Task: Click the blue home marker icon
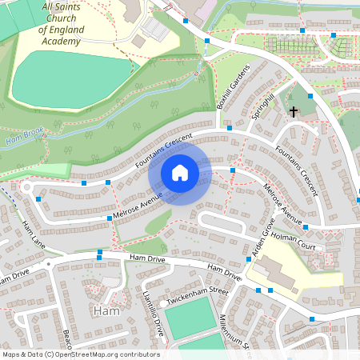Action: point(180,172)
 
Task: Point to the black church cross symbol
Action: point(294,112)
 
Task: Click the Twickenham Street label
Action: point(196,297)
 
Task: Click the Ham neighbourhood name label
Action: point(106,310)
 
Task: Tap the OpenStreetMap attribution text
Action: point(81,354)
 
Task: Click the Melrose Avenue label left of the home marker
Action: point(138,205)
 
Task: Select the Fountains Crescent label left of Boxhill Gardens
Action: point(165,150)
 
